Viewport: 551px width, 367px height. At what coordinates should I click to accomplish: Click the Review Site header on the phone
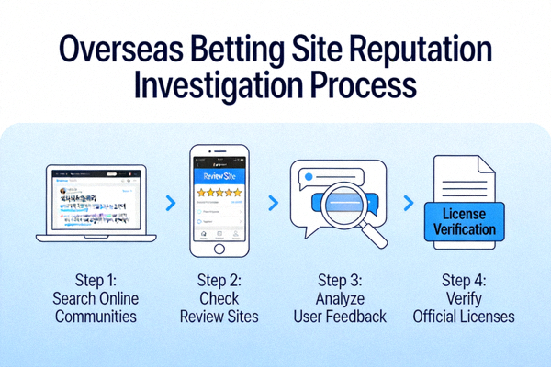pos(219,172)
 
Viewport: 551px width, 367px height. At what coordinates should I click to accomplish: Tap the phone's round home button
pos(219,249)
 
